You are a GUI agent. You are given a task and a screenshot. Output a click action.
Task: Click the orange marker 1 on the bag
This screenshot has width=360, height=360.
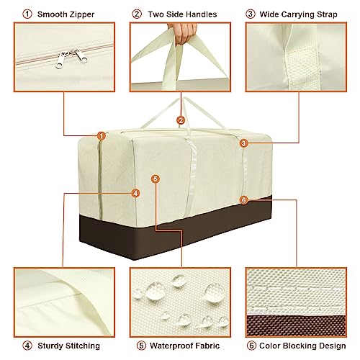[101, 135]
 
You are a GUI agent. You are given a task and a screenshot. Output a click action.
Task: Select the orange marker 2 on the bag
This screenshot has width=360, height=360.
[181, 120]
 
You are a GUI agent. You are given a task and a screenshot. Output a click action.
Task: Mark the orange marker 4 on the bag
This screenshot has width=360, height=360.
[135, 193]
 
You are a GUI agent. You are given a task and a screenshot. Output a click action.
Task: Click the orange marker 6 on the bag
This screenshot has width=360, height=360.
[243, 199]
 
